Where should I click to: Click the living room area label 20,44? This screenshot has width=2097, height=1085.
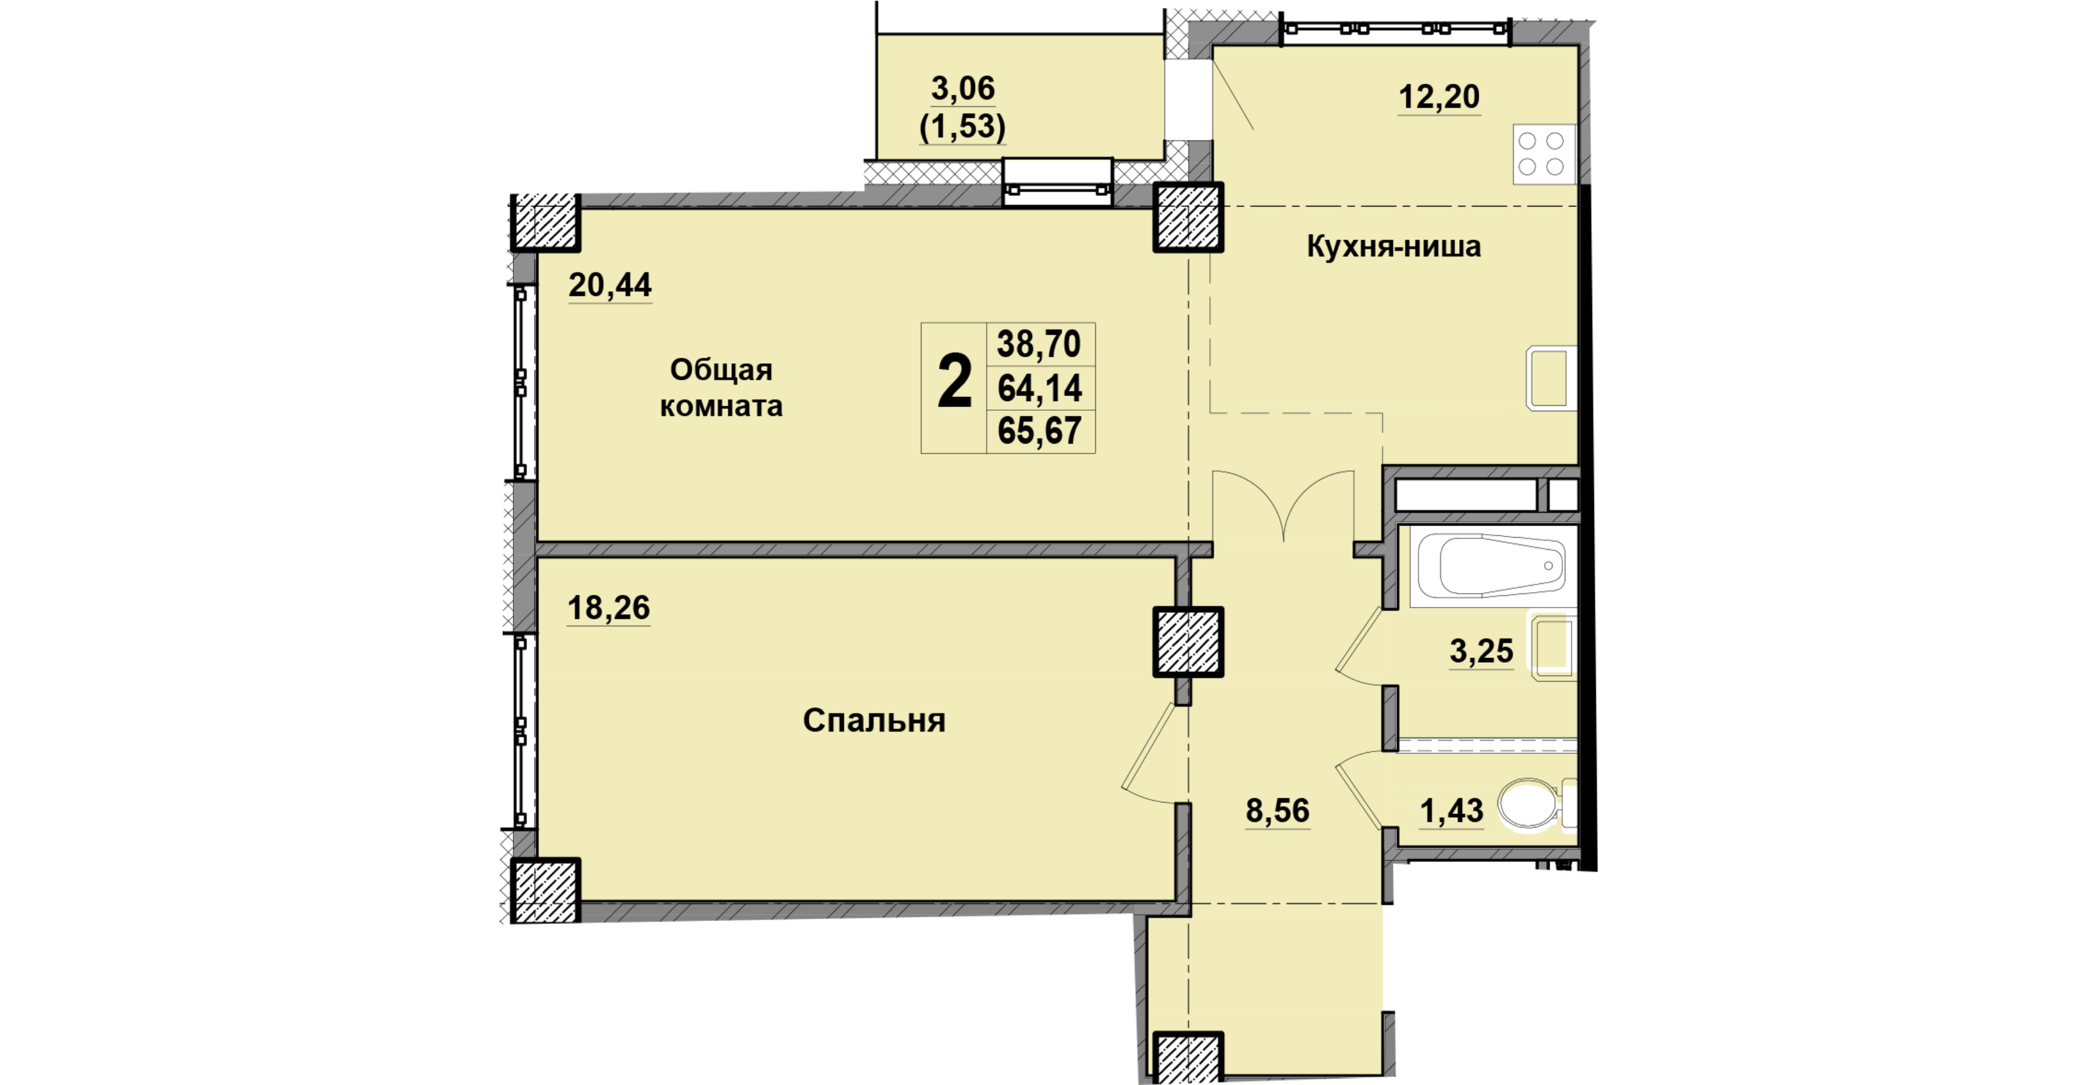(x=610, y=286)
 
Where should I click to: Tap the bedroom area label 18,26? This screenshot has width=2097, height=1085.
(x=609, y=608)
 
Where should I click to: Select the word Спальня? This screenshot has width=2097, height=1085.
(x=874, y=721)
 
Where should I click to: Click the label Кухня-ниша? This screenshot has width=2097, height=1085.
(x=1394, y=246)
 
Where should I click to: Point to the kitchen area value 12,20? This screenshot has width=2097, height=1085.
(x=1439, y=97)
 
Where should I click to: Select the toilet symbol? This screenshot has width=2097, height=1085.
(x=1535, y=804)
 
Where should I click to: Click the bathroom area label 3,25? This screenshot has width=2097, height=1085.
(x=1482, y=651)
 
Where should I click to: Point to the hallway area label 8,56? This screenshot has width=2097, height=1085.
(x=1278, y=810)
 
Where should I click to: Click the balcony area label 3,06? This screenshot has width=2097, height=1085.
(x=963, y=89)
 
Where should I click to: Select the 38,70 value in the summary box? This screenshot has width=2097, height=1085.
(x=1039, y=344)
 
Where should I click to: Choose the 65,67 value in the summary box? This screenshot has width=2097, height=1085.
(x=1039, y=431)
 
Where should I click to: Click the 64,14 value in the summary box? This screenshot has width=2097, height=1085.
(x=1039, y=388)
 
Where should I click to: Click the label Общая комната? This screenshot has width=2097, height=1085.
(x=721, y=388)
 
